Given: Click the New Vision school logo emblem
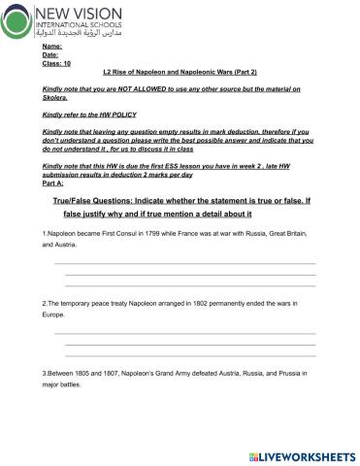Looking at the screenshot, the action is (17, 20).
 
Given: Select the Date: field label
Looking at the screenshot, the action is (50, 55).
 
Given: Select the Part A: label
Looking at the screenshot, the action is (53, 183).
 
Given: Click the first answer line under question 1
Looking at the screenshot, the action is (184, 263).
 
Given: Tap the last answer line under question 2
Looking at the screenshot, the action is (188, 355).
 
